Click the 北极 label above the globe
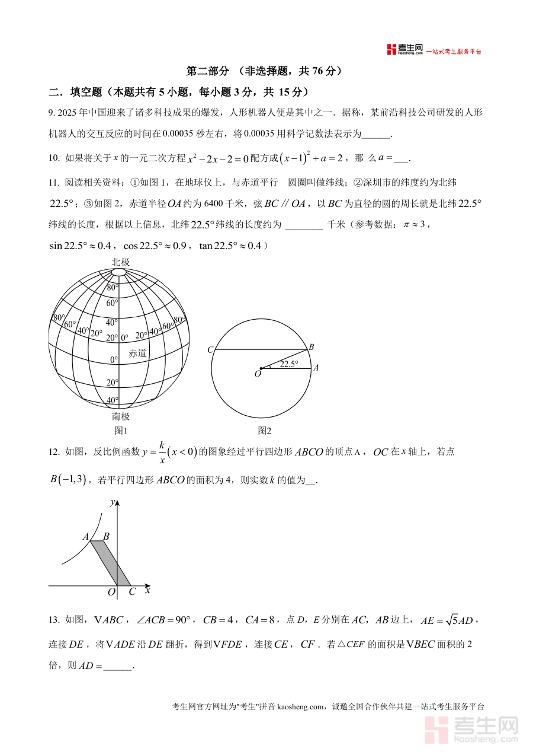[x=120, y=262]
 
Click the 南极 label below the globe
[x=121, y=416]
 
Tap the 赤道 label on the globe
[x=137, y=353]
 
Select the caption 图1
[x=121, y=431]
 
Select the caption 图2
[x=264, y=431]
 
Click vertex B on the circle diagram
[x=311, y=346]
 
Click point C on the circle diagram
[x=210, y=350]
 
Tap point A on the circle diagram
[x=316, y=368]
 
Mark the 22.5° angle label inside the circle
[x=289, y=364]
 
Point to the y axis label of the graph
[x=112, y=502]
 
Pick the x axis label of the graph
[x=147, y=590]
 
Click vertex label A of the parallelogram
[x=86, y=537]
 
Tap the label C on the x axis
[x=132, y=591]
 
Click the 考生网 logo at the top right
[x=406, y=50]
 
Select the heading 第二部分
[x=207, y=71]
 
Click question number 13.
[x=53, y=620]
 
